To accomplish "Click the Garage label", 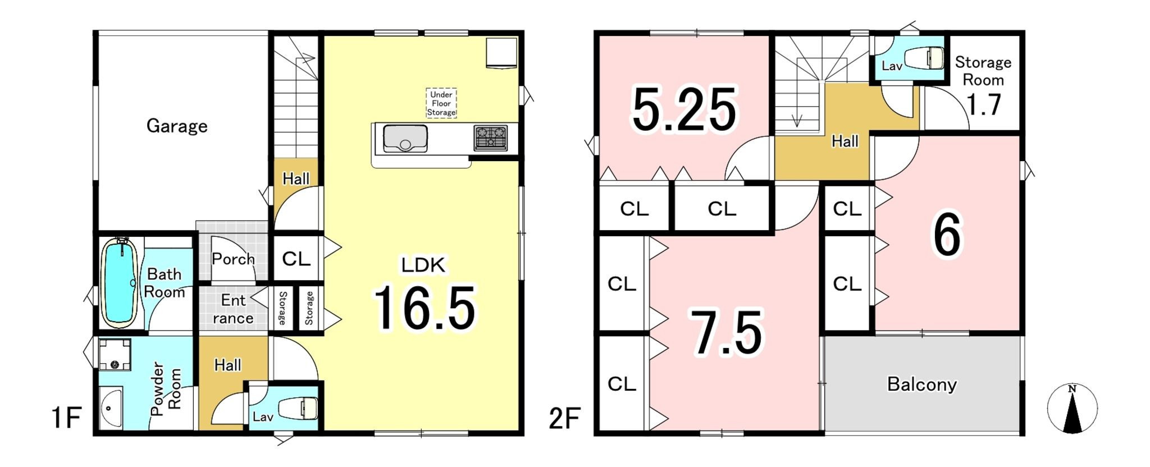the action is [x=177, y=126].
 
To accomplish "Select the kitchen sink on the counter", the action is [x=405, y=139].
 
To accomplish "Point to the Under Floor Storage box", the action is [x=441, y=103].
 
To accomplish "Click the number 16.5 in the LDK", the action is [x=425, y=308].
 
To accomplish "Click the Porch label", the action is [x=233, y=259].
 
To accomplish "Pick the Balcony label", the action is [x=921, y=384].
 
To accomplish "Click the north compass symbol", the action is [x=1072, y=409].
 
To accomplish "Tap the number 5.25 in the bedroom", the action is [x=684, y=110].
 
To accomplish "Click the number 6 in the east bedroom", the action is [x=947, y=236].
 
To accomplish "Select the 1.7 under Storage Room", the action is [x=984, y=104].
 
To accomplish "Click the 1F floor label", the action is [x=66, y=418].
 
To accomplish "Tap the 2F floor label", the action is [x=564, y=418].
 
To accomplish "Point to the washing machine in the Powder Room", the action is [x=115, y=354].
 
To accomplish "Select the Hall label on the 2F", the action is [x=845, y=141].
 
